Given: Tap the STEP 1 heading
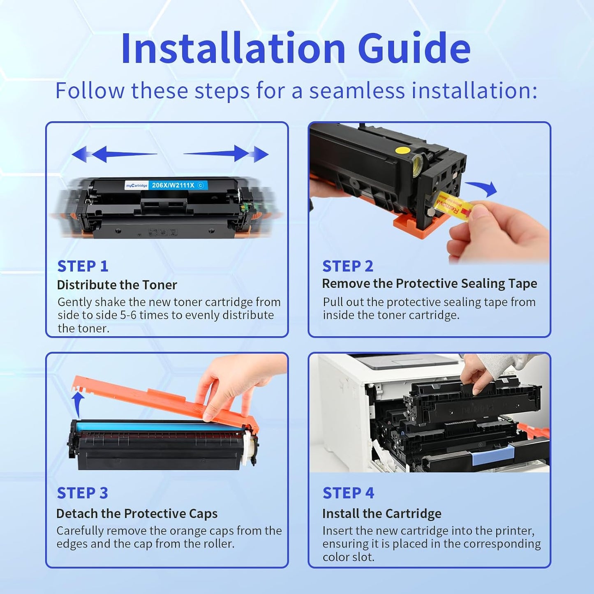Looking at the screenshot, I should tap(83, 266).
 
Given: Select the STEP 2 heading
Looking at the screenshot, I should tap(347, 266).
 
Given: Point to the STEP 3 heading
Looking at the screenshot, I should tap(82, 493).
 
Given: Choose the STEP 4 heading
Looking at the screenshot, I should tap(348, 493).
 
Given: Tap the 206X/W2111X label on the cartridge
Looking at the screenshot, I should tap(173, 185).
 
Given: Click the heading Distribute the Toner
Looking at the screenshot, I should tap(117, 285).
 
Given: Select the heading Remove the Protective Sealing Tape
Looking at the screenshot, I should tap(429, 284).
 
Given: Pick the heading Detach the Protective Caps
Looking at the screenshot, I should tap(136, 513).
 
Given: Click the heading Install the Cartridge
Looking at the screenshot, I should tap(381, 513).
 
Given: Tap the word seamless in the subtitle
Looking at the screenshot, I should tap(356, 90).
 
